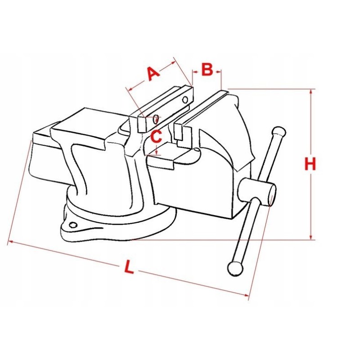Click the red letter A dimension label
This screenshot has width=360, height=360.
click(x=153, y=74)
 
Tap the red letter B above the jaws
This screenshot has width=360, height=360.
click(x=207, y=69)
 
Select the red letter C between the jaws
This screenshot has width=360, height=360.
click(x=157, y=137)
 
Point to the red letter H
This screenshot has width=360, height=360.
click(x=310, y=164)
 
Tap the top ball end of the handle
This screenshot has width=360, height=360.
click(x=279, y=132)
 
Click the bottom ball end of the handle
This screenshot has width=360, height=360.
click(x=235, y=269)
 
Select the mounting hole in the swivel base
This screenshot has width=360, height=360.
click(x=73, y=225)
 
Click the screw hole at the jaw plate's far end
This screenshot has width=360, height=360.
click(x=185, y=99)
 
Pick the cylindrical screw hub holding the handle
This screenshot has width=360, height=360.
click(x=257, y=192)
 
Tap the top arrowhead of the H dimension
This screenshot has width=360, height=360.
click(x=311, y=92)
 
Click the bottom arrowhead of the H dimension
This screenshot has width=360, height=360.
click(x=311, y=237)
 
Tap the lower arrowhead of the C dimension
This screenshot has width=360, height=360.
click(x=156, y=152)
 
